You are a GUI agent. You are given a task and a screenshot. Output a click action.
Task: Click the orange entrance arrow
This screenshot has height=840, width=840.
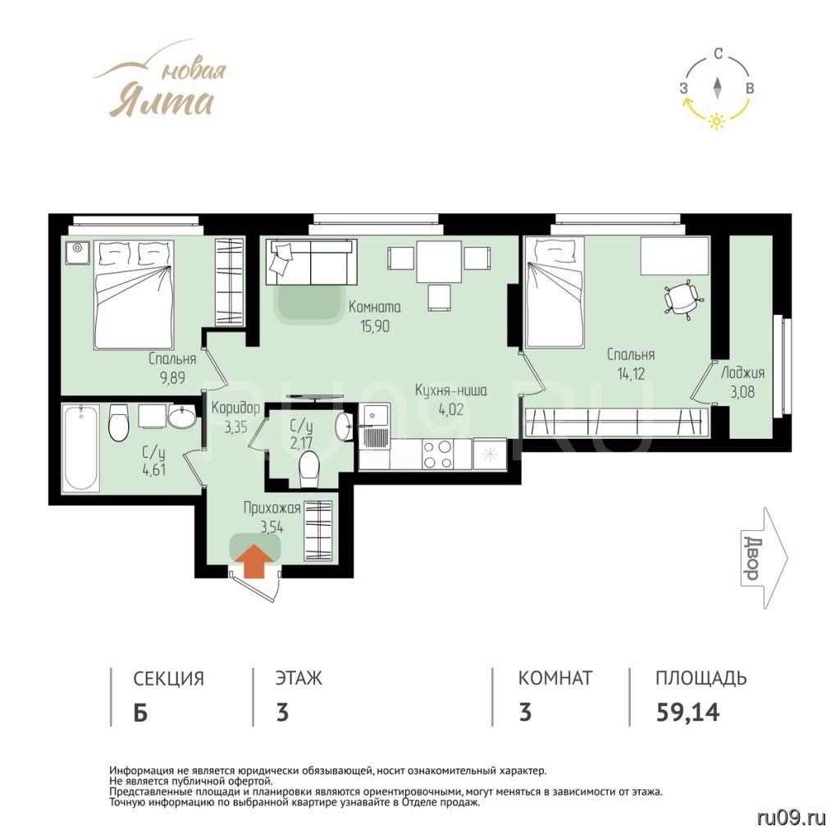[254, 562]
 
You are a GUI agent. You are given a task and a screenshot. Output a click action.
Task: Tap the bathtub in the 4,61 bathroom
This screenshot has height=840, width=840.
[81, 449]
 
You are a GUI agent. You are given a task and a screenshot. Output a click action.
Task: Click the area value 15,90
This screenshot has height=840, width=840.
[375, 326]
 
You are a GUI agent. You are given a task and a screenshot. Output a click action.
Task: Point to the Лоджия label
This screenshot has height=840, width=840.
[742, 373]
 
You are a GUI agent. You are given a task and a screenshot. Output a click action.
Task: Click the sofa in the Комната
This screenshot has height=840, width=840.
[311, 262]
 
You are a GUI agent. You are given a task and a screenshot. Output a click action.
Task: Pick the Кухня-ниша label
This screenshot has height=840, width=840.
[451, 390]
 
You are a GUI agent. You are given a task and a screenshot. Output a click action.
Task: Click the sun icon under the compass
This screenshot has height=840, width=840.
[716, 121]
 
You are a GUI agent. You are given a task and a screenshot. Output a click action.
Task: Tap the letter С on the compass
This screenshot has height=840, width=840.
[719, 53]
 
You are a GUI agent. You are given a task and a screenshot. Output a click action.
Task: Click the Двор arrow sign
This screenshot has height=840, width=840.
[765, 557]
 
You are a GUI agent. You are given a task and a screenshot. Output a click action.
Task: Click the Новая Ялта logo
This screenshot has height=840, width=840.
[161, 80]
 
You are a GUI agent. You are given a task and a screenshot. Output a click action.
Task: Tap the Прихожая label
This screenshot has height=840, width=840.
[272, 508]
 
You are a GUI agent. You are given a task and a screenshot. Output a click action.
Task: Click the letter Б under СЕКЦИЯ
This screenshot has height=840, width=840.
[140, 713]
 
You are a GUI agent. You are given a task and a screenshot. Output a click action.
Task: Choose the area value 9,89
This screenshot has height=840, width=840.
[172, 377]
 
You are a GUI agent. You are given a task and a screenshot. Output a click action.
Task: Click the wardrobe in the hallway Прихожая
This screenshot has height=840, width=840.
[318, 531]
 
